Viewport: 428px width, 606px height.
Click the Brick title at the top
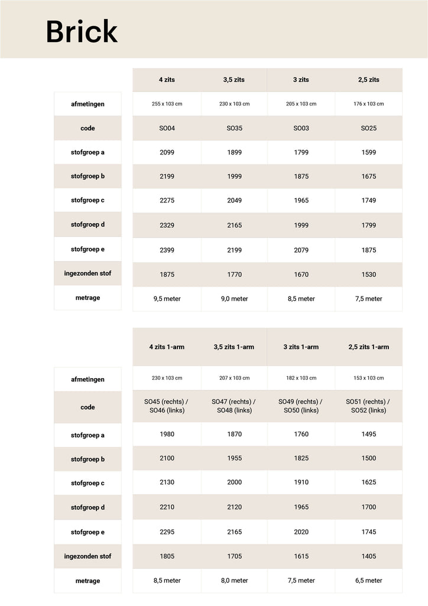(x=82, y=31)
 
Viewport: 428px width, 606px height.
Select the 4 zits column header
(x=167, y=80)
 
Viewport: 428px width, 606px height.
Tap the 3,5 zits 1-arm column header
(x=234, y=347)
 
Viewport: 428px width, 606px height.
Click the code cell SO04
(x=167, y=128)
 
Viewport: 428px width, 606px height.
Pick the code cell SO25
(x=368, y=128)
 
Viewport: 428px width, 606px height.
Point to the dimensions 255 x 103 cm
(x=167, y=104)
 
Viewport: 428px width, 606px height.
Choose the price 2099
(x=167, y=153)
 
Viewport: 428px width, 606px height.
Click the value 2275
(x=167, y=201)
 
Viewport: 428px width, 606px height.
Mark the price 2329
(x=167, y=225)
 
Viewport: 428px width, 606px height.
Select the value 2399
(x=167, y=250)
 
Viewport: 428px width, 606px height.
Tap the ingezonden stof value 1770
(x=234, y=275)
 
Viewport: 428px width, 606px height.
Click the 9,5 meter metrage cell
(x=167, y=299)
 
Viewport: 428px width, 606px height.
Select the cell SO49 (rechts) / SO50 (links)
(x=301, y=406)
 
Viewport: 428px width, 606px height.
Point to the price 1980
(x=167, y=434)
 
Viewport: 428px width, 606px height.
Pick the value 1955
(x=234, y=459)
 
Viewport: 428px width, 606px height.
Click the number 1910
(x=301, y=482)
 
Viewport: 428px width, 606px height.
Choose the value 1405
(x=368, y=556)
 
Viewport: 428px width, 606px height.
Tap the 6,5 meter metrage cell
(x=368, y=581)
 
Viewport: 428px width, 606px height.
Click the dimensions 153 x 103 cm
(x=368, y=378)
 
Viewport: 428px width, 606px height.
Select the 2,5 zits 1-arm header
(x=368, y=347)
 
